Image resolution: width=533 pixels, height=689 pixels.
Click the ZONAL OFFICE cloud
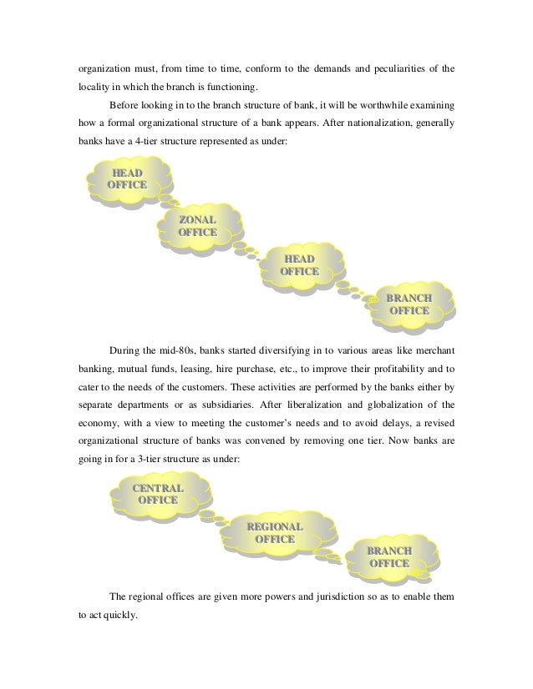pos(198,225)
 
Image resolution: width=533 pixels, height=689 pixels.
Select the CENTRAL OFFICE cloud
pos(158,493)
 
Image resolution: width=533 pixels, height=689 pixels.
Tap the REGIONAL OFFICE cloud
pos(275,533)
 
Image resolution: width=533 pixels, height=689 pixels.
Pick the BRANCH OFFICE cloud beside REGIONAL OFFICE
pos(390,556)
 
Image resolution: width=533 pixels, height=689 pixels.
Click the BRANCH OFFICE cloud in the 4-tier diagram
pos(409,304)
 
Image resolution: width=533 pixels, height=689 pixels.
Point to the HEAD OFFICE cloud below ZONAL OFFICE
pos(300,265)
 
